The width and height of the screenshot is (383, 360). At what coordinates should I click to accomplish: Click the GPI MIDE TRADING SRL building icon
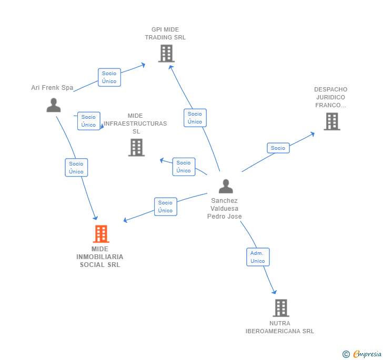click(x=166, y=53)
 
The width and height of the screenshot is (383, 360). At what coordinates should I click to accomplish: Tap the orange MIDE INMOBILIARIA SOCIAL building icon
click(x=100, y=234)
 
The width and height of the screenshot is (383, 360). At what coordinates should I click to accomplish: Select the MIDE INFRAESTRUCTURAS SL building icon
click(x=136, y=148)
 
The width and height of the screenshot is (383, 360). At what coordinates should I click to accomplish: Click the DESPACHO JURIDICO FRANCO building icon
click(x=331, y=121)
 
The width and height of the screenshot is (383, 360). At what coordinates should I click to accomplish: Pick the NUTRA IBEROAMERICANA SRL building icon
click(x=281, y=308)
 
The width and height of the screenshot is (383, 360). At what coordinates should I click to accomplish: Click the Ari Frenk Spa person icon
click(x=54, y=105)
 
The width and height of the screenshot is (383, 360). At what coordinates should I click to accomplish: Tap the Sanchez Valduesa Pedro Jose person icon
click(x=226, y=186)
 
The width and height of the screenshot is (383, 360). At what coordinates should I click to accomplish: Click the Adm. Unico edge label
click(x=258, y=257)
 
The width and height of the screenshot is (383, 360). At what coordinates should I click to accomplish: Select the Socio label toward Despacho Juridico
click(x=278, y=148)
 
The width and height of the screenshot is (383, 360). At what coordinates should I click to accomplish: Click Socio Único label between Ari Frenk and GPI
click(x=109, y=77)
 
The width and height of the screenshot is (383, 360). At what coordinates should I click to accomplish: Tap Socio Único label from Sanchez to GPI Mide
click(x=195, y=118)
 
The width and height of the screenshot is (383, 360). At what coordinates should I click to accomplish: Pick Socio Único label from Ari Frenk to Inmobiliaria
click(x=76, y=168)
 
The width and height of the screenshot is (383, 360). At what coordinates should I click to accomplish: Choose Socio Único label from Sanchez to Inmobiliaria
click(x=165, y=207)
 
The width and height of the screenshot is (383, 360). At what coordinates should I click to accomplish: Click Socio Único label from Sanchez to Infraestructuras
click(x=184, y=167)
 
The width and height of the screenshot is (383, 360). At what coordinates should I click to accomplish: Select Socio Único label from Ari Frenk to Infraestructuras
click(x=88, y=121)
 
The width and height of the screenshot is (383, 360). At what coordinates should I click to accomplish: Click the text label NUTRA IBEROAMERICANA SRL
click(x=280, y=327)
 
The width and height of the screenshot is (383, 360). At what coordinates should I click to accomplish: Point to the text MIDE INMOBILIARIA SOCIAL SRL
click(x=100, y=257)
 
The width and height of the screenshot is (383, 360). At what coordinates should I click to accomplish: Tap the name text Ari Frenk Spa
click(x=52, y=88)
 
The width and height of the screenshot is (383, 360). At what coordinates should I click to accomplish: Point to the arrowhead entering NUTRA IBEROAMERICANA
click(x=274, y=292)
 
